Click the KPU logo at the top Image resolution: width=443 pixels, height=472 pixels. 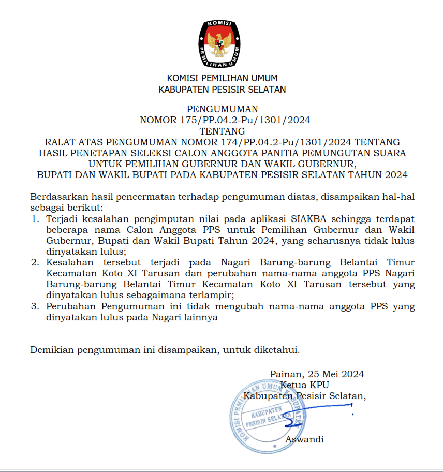(222, 43)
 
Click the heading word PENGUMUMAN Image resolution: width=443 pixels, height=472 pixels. (222, 109)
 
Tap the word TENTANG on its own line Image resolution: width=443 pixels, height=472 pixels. (222, 131)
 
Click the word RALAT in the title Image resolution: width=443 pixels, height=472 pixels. (60, 142)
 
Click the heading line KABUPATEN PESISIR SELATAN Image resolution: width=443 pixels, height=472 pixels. (222, 89)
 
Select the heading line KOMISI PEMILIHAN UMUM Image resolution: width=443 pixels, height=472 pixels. (222, 78)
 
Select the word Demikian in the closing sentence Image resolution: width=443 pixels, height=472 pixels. (52, 350)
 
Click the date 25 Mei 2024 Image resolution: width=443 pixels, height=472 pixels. (336, 374)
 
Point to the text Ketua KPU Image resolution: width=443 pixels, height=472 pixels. (304, 385)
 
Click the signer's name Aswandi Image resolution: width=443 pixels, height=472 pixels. (304, 439)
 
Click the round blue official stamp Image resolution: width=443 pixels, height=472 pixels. (267, 417)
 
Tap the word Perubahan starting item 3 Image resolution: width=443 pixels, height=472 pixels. (71, 306)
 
